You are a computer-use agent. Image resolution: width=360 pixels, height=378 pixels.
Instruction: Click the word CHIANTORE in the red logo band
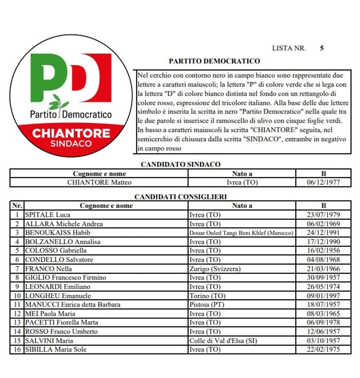pos(71,133)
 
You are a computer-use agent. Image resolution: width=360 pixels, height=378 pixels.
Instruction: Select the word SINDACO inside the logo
pos(71,144)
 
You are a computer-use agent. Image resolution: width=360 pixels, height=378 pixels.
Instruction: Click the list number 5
pos(321,48)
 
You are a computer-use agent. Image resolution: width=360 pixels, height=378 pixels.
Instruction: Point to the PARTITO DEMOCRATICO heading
pos(214,61)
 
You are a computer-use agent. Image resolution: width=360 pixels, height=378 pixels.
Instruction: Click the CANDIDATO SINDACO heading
pos(180,165)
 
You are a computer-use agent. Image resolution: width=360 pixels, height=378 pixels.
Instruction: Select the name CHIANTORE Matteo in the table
pos(99,182)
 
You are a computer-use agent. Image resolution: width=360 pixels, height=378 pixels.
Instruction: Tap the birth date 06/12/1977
pos(323,182)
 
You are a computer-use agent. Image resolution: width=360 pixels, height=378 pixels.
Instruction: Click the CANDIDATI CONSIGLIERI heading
pos(180,196)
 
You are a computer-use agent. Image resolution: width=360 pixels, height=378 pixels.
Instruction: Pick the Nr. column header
pos(17,205)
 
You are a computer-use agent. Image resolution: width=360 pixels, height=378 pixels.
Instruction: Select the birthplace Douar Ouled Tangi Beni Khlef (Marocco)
pos(242,233)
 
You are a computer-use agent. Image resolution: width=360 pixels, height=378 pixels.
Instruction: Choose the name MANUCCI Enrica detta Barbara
pos(72,304)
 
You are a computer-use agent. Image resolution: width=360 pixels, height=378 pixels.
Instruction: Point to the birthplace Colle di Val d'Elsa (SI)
pos(223,340)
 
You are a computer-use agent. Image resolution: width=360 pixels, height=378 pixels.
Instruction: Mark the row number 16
pos(17,349)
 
